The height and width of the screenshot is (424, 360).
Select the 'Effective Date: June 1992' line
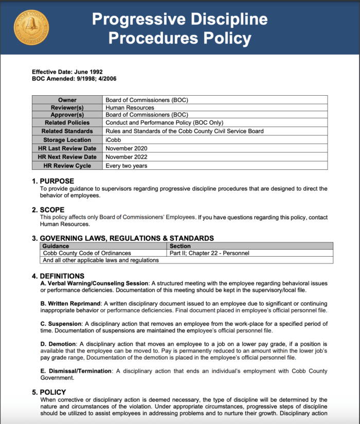point(67,72)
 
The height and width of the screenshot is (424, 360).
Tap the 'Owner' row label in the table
point(67,100)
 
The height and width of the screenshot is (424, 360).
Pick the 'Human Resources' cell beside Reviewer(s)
point(130,108)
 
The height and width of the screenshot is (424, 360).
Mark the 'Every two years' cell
point(127,166)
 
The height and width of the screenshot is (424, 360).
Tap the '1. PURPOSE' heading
point(53,181)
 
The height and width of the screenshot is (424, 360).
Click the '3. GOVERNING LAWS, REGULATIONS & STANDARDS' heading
point(123,238)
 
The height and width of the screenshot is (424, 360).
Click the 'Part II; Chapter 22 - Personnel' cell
point(209,253)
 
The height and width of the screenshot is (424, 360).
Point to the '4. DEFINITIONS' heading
point(58,276)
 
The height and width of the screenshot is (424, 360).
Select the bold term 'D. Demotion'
point(58,343)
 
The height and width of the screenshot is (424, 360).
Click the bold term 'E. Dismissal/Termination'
point(76,371)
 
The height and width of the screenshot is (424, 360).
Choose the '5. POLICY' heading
point(49,392)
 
